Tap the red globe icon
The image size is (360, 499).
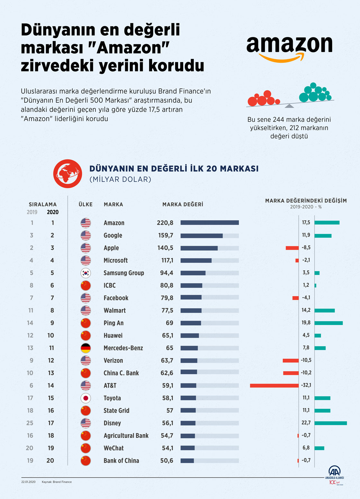tap(67, 174)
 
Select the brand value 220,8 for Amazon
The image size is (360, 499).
tap(165, 223)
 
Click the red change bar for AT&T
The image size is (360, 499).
tap(274, 385)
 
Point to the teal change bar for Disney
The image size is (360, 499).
tap(330, 423)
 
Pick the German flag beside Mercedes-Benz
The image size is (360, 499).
tap(85, 348)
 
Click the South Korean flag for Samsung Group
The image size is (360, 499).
tap(85, 273)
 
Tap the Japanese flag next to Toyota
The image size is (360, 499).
tap(85, 398)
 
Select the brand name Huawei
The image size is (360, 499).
tap(113, 336)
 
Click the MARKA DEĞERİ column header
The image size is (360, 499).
tap(183, 204)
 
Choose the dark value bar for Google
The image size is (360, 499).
tap(202, 236)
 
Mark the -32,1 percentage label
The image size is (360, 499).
tap(306, 385)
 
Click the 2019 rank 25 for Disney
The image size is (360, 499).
tap(30, 423)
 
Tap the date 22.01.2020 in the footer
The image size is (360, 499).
tap(28, 482)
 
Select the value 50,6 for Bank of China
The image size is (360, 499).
tap(166, 461)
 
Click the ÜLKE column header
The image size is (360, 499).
tap(85, 204)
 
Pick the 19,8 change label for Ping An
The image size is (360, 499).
tap(306, 323)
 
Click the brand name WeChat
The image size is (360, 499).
tap(113, 448)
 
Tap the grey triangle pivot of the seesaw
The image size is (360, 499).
tap(289, 106)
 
